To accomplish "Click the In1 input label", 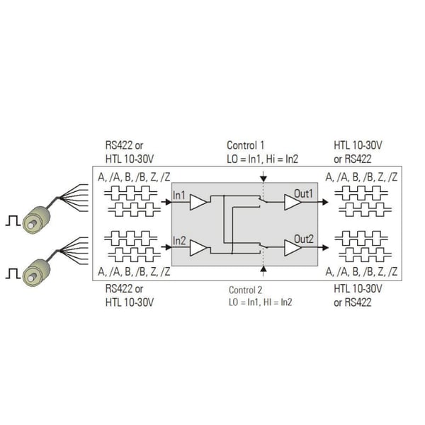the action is (179, 195).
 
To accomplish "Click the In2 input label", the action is (179, 241).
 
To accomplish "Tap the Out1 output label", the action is (303, 193).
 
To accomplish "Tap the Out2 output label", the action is (304, 239).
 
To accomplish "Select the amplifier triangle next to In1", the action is (198, 202).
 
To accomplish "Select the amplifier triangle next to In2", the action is (198, 248).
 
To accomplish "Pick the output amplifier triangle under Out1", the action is (293, 202).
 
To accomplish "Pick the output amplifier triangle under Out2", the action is (293, 248).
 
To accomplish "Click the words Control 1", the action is (245, 145).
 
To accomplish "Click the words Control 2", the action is (245, 290).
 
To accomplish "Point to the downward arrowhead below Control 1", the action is (263, 178).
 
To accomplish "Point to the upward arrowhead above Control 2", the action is (263, 269).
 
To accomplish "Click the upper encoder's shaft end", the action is (32, 225).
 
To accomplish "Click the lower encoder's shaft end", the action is (32, 278).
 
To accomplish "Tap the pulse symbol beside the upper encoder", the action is (13, 221).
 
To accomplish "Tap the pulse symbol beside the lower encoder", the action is (13, 273).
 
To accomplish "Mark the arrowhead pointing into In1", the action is (169, 202).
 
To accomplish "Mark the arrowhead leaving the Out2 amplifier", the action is (325, 247).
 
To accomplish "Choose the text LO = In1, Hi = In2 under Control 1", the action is (262, 159).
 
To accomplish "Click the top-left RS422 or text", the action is (124, 145).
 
